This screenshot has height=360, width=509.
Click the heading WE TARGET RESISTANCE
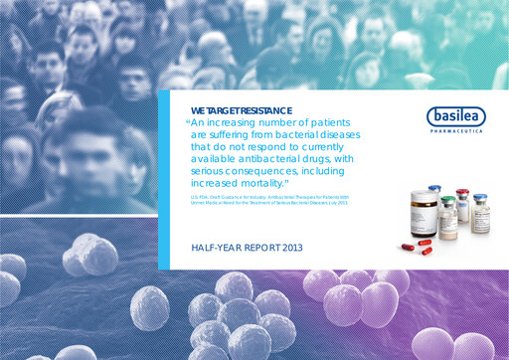coord(234,110)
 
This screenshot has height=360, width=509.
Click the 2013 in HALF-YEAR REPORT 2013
coord(288,247)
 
